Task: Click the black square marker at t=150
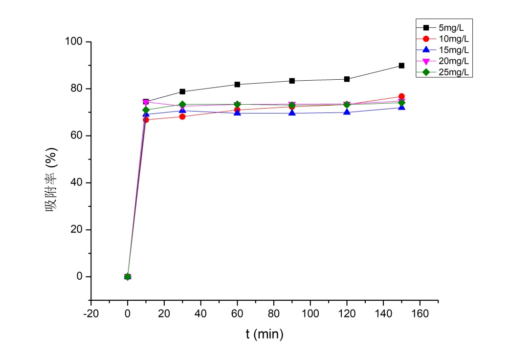(401, 66)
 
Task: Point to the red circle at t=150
(401, 96)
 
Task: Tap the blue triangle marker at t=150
(401, 107)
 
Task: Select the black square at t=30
(182, 91)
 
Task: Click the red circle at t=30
(182, 116)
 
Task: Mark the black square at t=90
(292, 81)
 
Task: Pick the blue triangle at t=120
(347, 112)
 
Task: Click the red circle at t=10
(146, 119)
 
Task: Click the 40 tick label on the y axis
(75, 183)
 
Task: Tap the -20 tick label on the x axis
(91, 313)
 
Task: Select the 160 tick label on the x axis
(420, 313)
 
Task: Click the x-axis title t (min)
(264, 335)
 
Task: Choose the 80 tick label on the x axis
(274, 313)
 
